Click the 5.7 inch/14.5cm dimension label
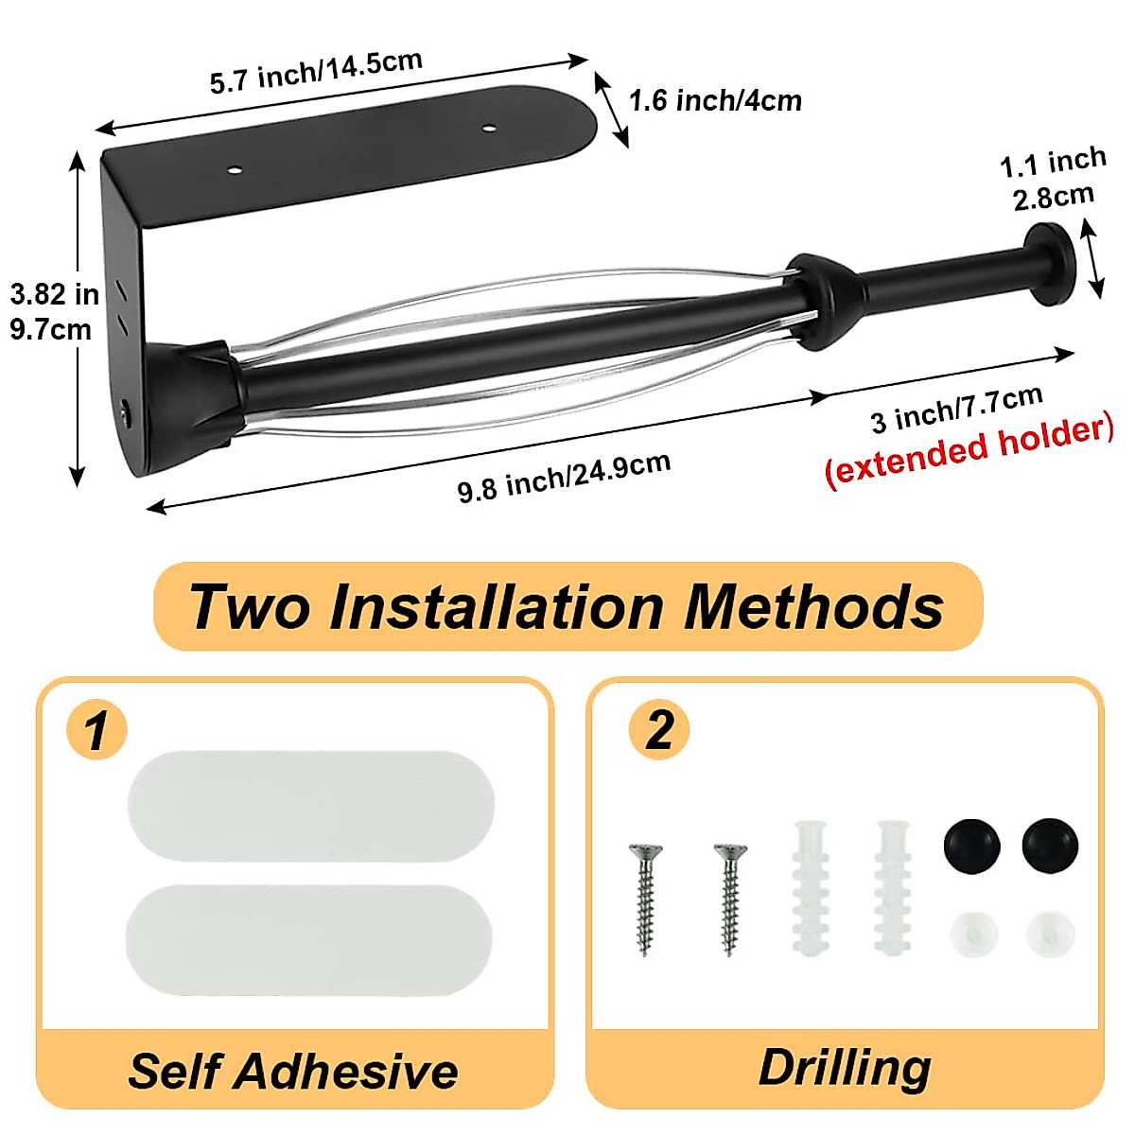[x=316, y=72]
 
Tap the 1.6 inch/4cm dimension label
[x=715, y=99]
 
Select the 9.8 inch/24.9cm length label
[x=565, y=477]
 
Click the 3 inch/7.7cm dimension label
[x=956, y=407]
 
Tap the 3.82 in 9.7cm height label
[x=53, y=311]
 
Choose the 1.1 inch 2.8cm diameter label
[x=1053, y=179]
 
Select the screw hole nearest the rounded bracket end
[x=490, y=128]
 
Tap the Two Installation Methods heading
[x=567, y=606]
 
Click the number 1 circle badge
[x=96, y=730]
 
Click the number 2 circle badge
[x=659, y=730]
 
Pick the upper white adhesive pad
[x=310, y=806]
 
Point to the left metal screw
[x=646, y=899]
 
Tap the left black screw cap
[x=971, y=845]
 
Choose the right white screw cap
[x=1050, y=934]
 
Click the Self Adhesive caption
[x=293, y=1071]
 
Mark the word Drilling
[x=845, y=1067]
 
